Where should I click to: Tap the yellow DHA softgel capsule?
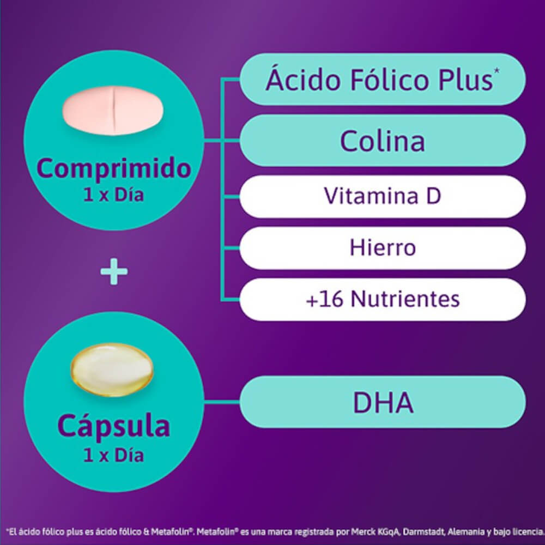tap(112, 370)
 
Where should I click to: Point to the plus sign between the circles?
tap(114, 271)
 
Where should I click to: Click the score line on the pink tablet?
tap(114, 108)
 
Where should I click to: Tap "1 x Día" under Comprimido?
tap(114, 195)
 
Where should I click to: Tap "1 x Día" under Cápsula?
tap(114, 455)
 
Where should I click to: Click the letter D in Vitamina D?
tap(434, 197)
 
